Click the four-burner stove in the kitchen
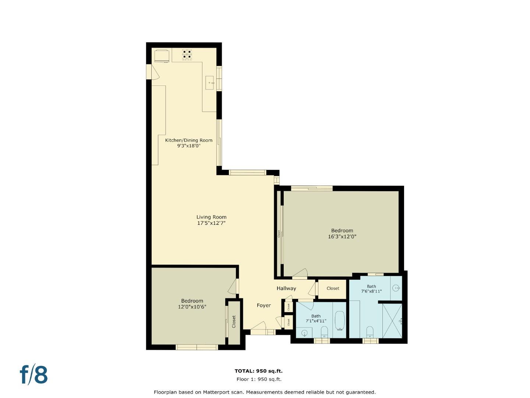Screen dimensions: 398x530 (x=187, y=55)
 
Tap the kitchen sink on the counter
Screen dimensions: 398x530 (x=210, y=83)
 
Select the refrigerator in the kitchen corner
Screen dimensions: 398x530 (x=162, y=56)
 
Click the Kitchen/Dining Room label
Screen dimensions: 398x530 (x=188, y=140)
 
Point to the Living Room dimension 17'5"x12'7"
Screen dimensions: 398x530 (x=211, y=223)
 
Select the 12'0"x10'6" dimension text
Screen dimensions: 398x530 (x=192, y=307)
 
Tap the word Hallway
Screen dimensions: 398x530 (x=286, y=288)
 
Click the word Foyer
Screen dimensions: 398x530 (x=264, y=305)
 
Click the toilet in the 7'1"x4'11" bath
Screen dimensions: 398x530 (x=324, y=332)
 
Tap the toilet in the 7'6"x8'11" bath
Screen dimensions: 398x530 (x=370, y=331)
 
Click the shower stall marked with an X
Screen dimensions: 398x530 (x=392, y=321)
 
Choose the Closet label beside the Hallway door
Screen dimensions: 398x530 (x=333, y=288)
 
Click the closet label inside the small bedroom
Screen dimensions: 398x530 (x=234, y=322)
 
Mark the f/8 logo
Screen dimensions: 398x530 (x=33, y=375)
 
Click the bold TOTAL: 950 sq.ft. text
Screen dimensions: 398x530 (x=259, y=371)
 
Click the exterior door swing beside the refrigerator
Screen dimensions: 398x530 (x=154, y=73)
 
